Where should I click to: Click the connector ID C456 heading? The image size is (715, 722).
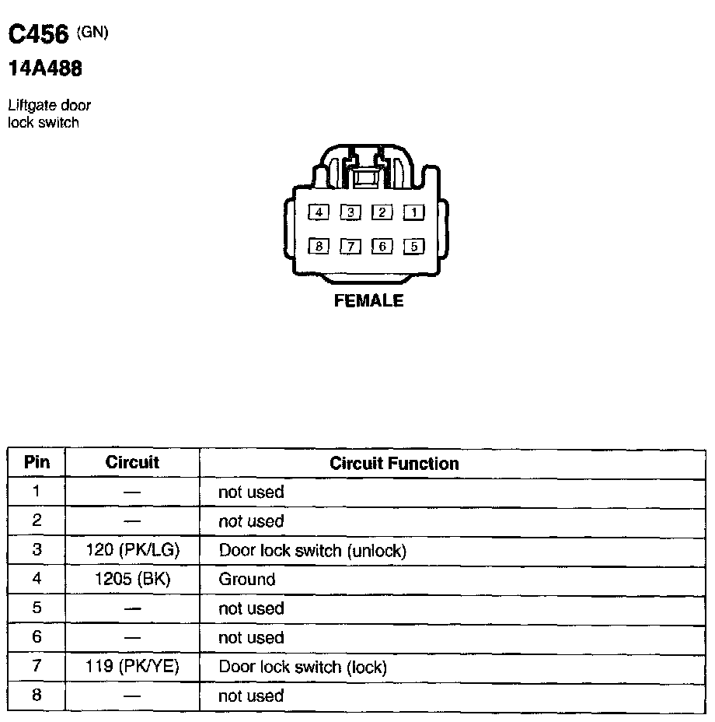tap(39, 34)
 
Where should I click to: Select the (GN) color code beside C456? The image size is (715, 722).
tap(92, 32)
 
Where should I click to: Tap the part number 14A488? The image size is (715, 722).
tap(45, 69)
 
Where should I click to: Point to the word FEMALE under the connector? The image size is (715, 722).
tap(368, 300)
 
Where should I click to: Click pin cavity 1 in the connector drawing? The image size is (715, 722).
tap(414, 212)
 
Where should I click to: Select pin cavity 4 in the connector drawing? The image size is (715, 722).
tap(319, 212)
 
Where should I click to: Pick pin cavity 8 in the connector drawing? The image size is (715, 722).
tap(319, 247)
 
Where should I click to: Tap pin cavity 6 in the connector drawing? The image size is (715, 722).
tap(382, 247)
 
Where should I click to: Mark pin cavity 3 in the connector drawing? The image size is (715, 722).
tap(351, 212)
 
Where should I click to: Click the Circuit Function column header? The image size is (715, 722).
tap(394, 464)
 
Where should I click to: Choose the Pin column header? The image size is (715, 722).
tap(37, 462)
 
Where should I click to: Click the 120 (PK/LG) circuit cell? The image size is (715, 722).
tap(132, 550)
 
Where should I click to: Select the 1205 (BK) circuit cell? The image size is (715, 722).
tap(132, 580)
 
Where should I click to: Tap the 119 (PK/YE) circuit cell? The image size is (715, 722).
tap(132, 667)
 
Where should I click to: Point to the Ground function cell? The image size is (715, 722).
tap(247, 580)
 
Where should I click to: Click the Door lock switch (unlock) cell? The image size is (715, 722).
tap(312, 551)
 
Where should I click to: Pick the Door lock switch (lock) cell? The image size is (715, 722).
tap(302, 667)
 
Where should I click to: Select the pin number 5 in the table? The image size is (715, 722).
tap(37, 608)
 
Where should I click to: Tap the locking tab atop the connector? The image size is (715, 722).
tap(365, 177)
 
